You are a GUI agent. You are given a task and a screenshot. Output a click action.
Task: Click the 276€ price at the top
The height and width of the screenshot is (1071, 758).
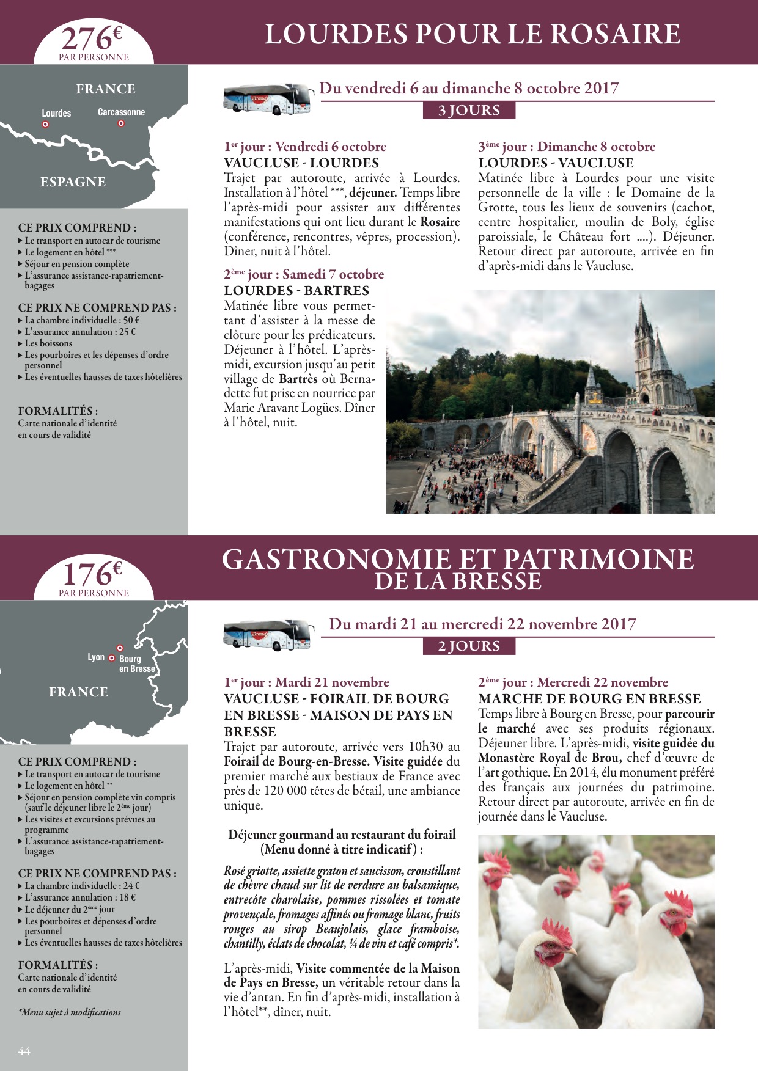pos(92,39)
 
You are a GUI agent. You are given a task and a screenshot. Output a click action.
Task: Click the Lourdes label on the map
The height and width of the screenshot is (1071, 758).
pos(56,114)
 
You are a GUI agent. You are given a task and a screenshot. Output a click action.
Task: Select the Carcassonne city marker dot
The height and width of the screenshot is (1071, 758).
pos(121,123)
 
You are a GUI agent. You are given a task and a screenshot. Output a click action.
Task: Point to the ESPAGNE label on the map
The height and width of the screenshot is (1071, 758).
pos(73,182)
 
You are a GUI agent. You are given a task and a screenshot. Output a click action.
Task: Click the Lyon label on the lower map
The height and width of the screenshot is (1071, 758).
pos(96,657)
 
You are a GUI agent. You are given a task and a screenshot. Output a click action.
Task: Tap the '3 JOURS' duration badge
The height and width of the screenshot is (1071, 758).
pos(469,111)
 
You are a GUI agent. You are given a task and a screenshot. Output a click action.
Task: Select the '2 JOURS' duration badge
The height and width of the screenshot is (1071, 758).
pos(469,646)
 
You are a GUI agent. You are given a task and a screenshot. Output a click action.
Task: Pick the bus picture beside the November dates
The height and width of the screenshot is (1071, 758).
pos(267,635)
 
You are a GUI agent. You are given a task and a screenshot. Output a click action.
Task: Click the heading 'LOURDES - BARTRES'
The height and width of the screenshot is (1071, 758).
pos(296,291)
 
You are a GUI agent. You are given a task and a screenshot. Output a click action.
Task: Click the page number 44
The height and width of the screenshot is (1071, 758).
pos(24,1051)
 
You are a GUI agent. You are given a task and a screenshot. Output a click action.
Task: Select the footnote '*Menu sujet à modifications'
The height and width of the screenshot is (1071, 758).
pos(70,1012)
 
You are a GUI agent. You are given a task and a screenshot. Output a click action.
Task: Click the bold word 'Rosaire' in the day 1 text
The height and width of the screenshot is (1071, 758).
pos(440,222)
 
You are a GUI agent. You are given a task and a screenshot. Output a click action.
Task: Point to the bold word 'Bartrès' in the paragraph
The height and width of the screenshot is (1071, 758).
pos(298,379)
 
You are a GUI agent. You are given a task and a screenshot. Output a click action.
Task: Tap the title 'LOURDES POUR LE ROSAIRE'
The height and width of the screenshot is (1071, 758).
pos(472,34)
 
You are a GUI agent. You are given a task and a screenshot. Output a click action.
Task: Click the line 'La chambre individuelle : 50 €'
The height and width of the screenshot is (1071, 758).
pos(83,320)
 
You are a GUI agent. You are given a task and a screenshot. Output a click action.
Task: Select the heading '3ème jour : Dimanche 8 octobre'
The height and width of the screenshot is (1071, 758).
pos(567,147)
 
